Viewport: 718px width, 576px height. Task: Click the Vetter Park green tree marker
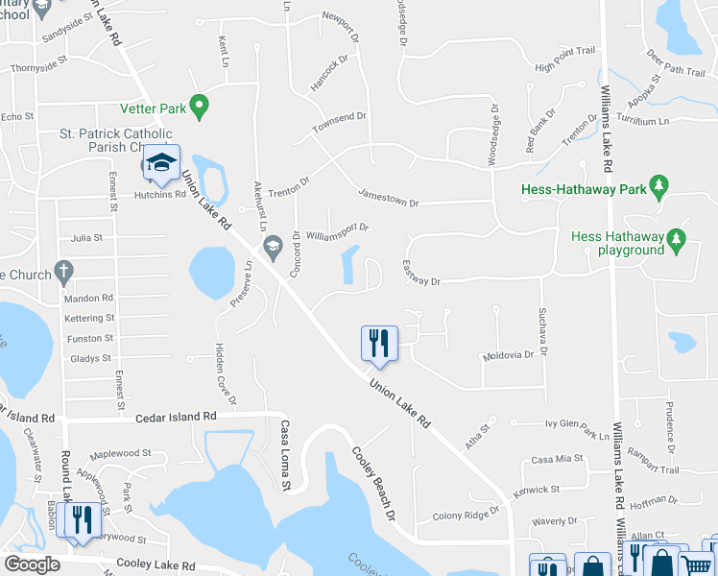point(200,106)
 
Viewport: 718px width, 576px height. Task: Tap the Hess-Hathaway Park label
point(584,190)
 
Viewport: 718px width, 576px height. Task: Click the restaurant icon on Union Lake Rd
point(379,343)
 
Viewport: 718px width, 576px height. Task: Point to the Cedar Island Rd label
point(176,417)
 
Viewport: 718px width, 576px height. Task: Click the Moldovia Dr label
point(509,355)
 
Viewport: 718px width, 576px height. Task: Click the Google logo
point(32,564)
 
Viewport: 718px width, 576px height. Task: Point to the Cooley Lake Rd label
point(156,565)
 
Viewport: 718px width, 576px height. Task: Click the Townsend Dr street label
point(338,122)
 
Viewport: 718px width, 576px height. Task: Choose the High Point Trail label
point(565,59)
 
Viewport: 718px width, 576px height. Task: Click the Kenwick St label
point(536,490)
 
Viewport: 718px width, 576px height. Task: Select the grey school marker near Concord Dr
point(273,245)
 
